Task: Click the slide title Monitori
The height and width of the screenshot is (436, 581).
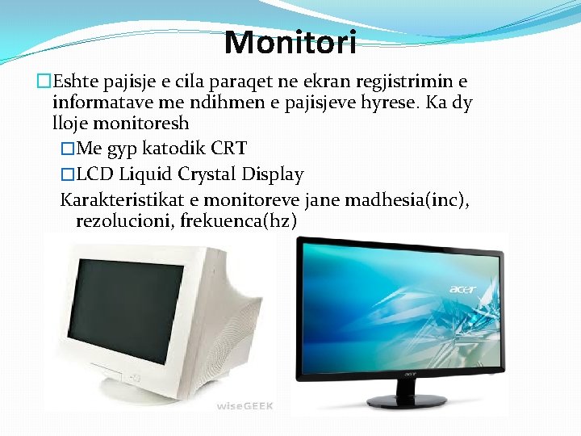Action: pos(290,42)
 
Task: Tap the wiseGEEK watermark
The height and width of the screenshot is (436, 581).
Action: pos(245,405)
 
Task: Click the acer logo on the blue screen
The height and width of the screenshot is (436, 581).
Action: pos(463,287)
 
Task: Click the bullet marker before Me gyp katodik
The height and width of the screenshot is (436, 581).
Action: pos(68,149)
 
